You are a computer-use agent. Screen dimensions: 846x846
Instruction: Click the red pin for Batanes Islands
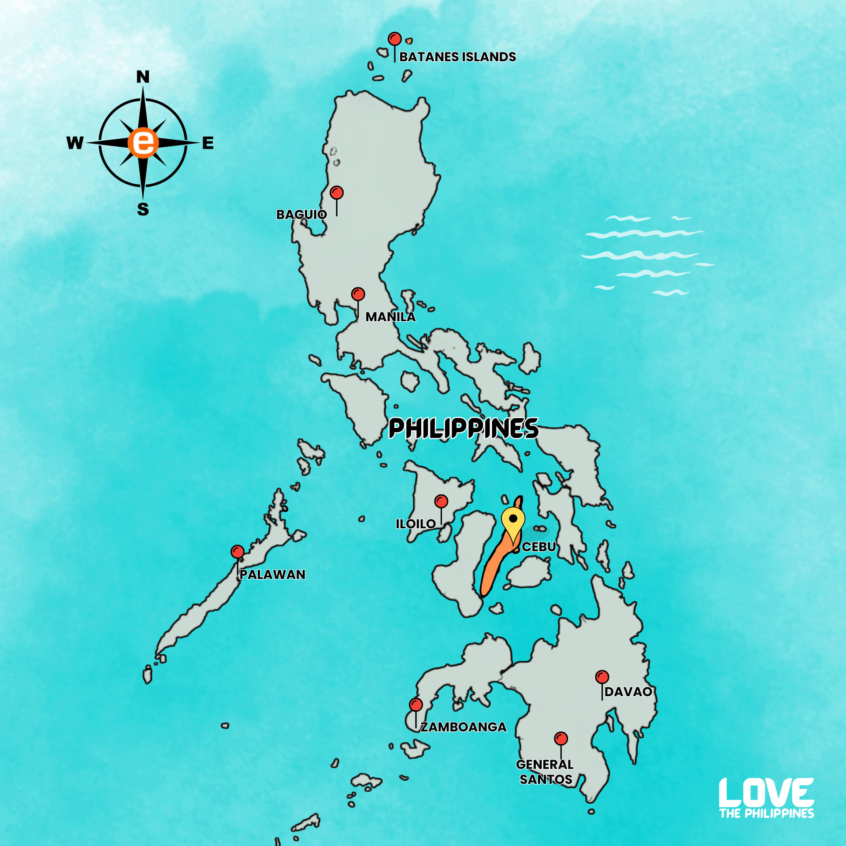click(x=394, y=39)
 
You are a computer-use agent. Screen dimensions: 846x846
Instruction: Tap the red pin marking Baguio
click(x=337, y=193)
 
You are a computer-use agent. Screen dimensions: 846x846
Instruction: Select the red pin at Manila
click(x=358, y=294)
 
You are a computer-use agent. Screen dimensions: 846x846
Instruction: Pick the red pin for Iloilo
click(x=441, y=501)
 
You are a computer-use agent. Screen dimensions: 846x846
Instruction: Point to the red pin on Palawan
click(x=237, y=552)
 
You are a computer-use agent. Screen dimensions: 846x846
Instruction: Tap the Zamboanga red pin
click(x=416, y=705)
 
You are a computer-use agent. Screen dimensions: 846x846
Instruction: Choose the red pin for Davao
click(x=602, y=677)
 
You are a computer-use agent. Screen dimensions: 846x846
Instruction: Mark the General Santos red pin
click(x=561, y=738)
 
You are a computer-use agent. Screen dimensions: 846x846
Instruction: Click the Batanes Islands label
click(x=457, y=57)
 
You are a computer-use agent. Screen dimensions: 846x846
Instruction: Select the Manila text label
click(x=390, y=317)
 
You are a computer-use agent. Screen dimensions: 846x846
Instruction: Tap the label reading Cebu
click(x=539, y=547)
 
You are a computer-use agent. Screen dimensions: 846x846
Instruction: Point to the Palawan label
click(x=272, y=575)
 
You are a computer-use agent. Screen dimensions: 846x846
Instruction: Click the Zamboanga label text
click(x=464, y=727)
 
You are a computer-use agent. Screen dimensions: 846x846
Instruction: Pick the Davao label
click(x=628, y=692)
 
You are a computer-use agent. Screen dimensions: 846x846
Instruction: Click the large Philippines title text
click(x=464, y=429)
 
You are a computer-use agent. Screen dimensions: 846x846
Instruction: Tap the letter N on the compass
click(x=143, y=77)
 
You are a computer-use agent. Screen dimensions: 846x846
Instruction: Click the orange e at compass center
click(x=143, y=143)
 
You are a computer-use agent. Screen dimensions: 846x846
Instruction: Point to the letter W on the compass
click(x=75, y=143)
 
